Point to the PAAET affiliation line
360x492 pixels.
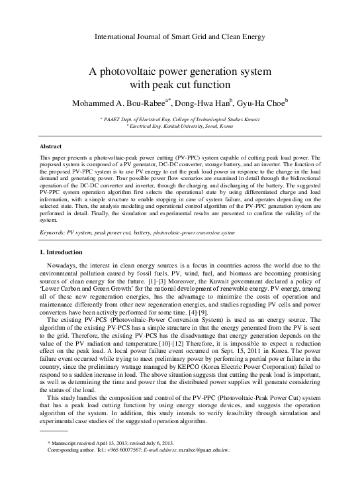pyautogui.click(x=179, y=119)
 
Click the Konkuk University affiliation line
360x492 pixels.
pyautogui.click(x=179, y=125)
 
